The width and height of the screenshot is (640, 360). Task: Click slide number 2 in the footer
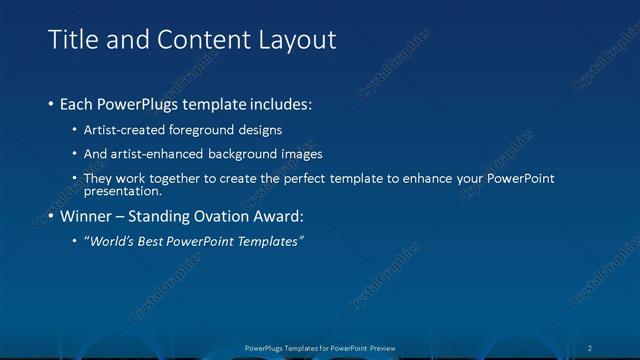[x=590, y=347]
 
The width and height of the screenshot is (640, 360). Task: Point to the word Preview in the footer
[x=377, y=347]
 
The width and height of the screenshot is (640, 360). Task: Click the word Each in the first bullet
[x=76, y=104]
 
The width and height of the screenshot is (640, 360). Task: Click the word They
[x=97, y=178]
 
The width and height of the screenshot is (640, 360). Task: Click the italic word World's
[x=110, y=241]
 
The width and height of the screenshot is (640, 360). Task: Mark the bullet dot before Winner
[x=51, y=216]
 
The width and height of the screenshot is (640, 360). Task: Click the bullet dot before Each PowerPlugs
[x=51, y=104]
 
